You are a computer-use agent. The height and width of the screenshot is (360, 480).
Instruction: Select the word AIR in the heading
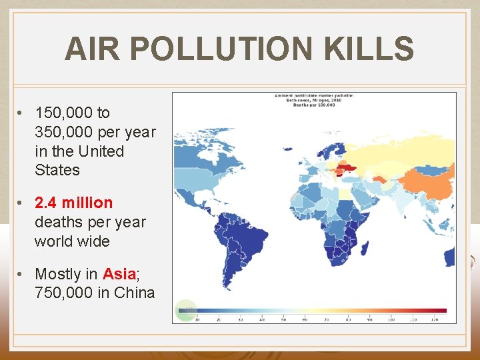pyautogui.click(x=93, y=49)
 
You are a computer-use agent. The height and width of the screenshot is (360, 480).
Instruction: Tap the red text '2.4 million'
pyautogui.click(x=74, y=202)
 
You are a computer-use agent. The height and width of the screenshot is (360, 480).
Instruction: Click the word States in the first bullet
pyautogui.click(x=57, y=170)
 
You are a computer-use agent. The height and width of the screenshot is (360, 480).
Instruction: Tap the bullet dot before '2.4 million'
pyautogui.click(x=22, y=203)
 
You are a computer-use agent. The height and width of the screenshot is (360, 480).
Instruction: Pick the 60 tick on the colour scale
pyautogui.click(x=305, y=319)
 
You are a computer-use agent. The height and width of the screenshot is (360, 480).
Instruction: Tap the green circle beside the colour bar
pyautogui.click(x=185, y=310)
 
